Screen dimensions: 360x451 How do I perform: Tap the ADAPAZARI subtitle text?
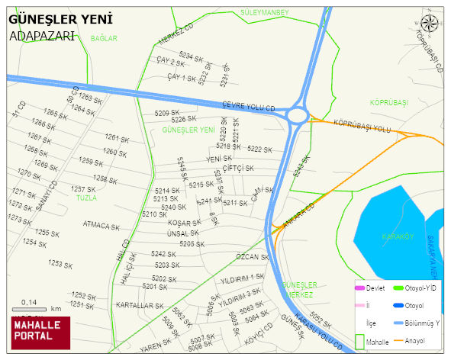pos(42,36)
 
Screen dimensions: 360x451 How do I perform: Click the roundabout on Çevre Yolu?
pos(297,115)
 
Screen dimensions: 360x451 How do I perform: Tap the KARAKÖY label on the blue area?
pos(398,236)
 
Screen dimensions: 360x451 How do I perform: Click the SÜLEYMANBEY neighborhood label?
pos(264,13)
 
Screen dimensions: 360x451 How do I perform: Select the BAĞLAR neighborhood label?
pos(104,37)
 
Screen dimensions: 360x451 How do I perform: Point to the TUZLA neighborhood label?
pos(86,198)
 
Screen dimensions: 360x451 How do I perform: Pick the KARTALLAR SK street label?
pos(140,305)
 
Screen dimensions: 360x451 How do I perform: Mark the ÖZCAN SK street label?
pos(253,257)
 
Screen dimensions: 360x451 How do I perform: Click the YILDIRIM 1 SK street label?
pos(242,278)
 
